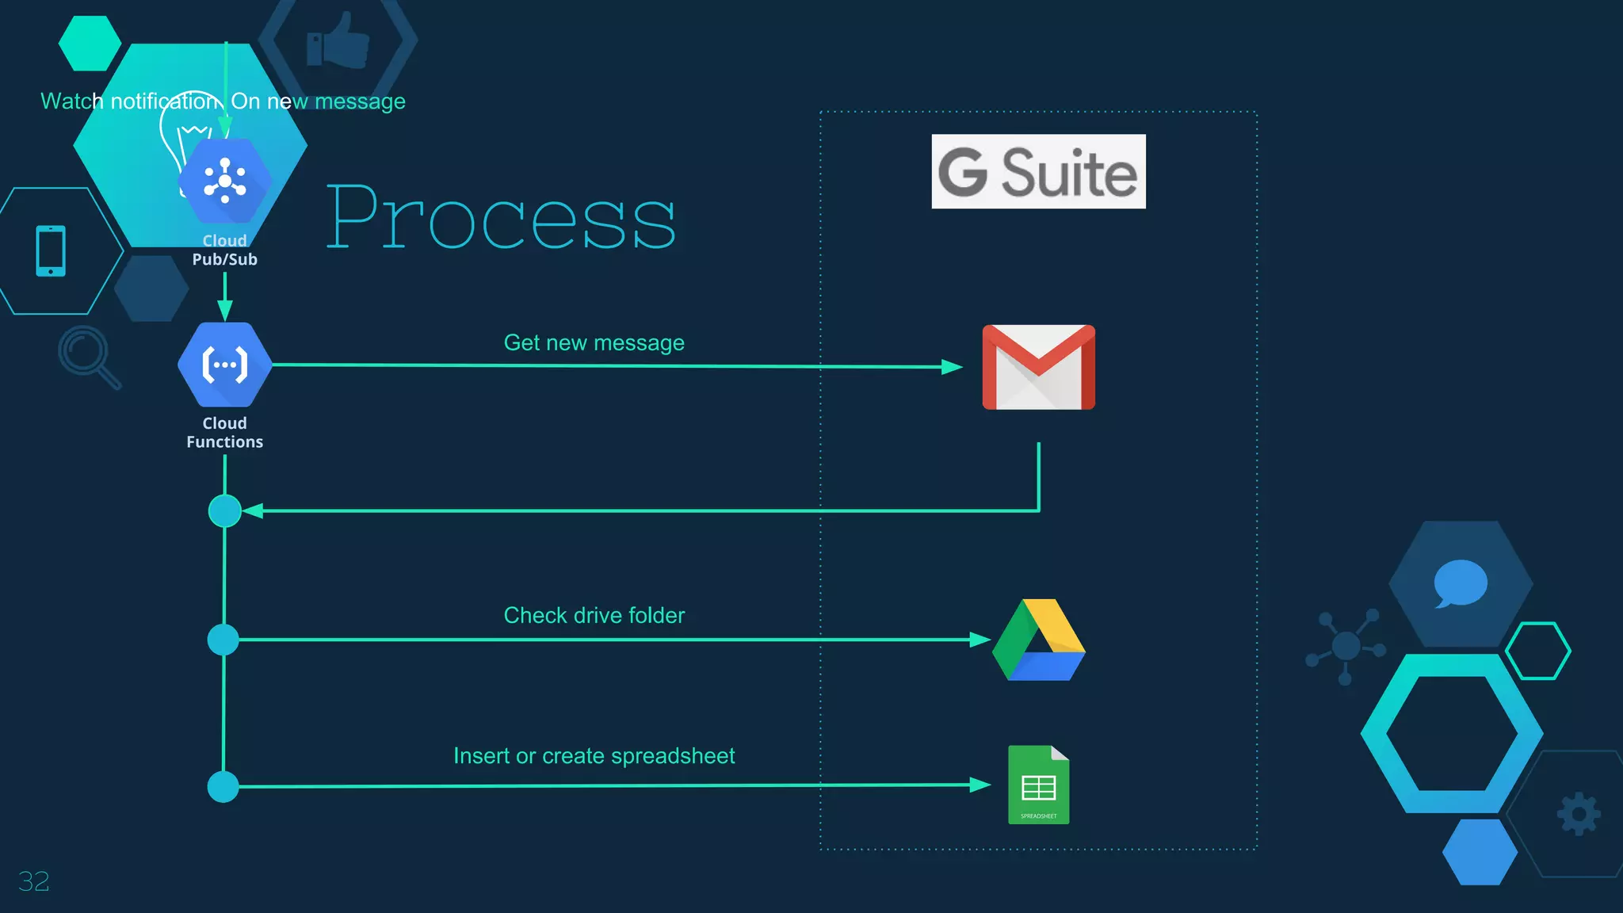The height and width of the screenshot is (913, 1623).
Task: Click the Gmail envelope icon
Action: coord(1038,367)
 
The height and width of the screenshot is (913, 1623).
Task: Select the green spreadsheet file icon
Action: coord(1038,785)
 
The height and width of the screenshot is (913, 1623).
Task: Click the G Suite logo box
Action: coord(1038,171)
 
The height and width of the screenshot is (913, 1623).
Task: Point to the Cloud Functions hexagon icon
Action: coord(225,365)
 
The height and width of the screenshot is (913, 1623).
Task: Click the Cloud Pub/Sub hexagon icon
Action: coord(225,181)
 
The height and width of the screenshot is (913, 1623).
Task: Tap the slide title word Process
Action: coord(501,217)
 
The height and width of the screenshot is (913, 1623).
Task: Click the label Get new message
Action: coord(594,342)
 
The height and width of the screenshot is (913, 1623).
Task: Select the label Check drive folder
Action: coord(594,615)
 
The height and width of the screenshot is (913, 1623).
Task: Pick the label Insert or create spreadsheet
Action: coord(594,756)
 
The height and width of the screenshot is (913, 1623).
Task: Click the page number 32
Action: coord(33,881)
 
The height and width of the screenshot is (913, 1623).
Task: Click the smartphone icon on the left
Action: coord(51,251)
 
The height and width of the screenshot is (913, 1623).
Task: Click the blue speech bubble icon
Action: coord(1460,583)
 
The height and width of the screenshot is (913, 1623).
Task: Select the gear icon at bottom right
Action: coord(1579,814)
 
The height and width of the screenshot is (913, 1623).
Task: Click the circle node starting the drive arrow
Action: coord(223,640)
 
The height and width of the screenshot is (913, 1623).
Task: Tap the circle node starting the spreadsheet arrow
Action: coord(223,787)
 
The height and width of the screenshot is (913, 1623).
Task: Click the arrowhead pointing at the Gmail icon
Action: coord(952,367)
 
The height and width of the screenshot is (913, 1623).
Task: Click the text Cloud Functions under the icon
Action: coord(225,433)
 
